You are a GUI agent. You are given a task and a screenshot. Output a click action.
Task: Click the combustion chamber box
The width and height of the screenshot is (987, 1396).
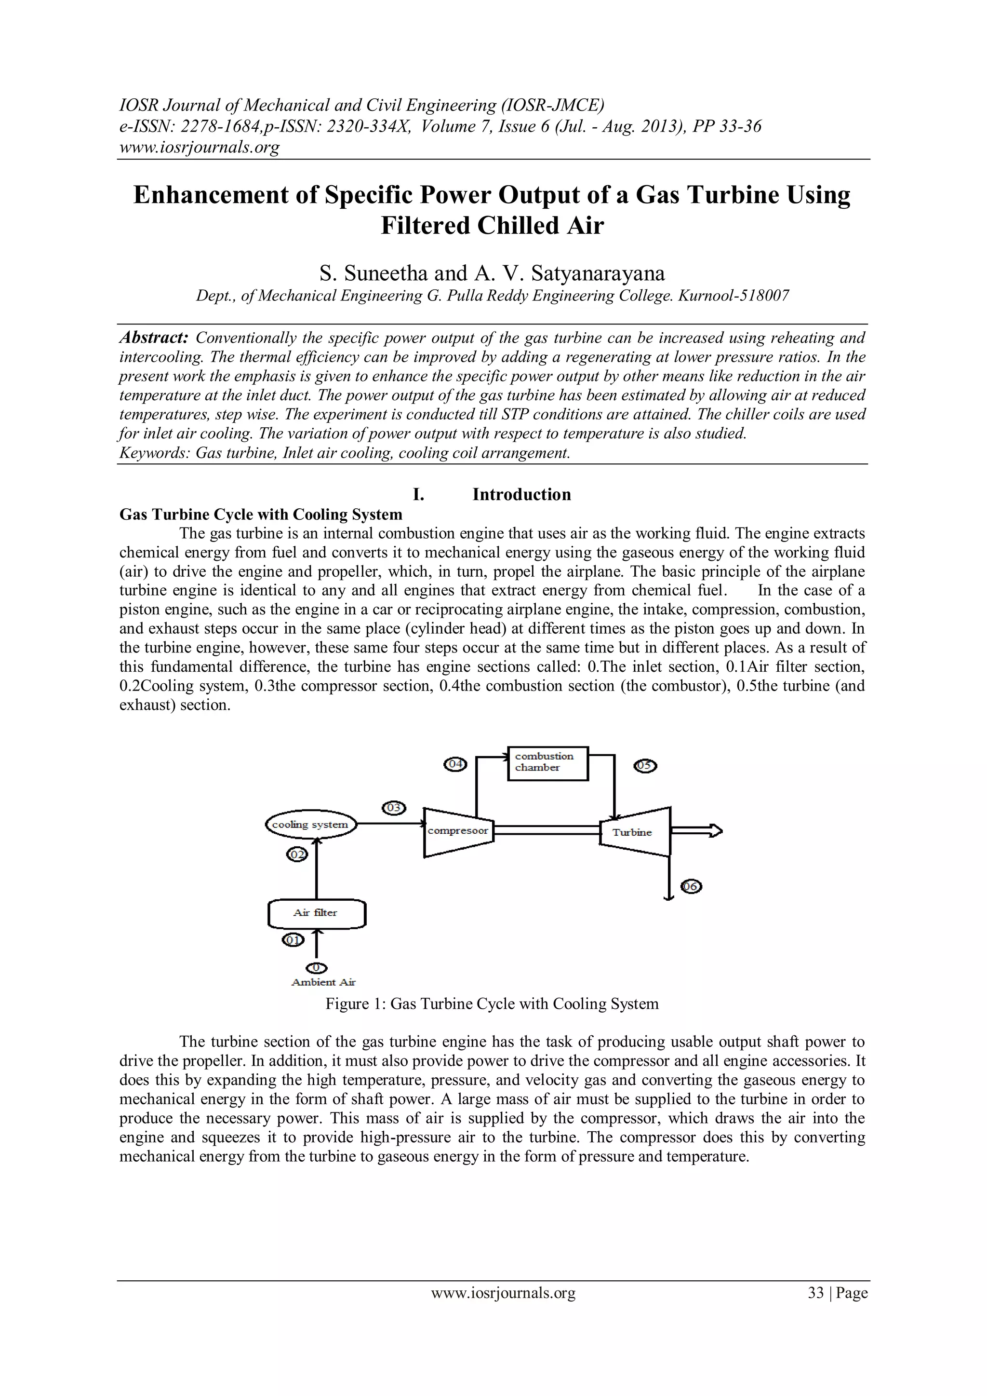tap(547, 762)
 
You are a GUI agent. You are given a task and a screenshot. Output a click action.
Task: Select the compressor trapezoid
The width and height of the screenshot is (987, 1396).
tap(458, 832)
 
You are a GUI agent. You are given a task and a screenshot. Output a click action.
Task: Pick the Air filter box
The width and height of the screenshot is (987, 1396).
tap(316, 913)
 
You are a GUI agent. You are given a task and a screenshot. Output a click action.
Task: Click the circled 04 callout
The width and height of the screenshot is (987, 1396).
tap(456, 764)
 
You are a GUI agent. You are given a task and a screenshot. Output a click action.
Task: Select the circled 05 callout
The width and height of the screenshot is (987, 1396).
tap(645, 766)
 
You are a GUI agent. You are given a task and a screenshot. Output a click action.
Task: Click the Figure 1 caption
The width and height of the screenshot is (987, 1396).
tap(492, 1004)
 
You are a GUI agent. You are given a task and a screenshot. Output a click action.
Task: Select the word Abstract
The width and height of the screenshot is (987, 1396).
tap(154, 338)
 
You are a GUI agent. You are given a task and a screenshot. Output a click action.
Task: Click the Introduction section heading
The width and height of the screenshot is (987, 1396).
tap(521, 494)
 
